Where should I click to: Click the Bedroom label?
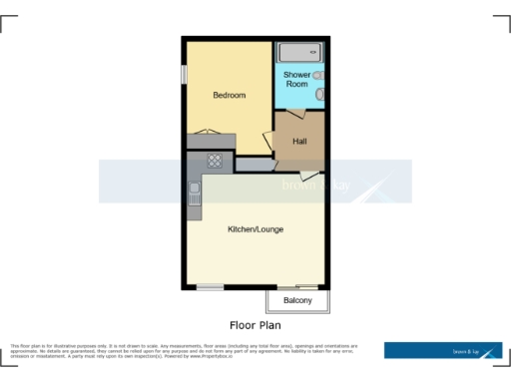(x=229, y=96)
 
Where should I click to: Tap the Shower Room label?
(x=296, y=80)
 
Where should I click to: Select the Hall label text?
(x=299, y=141)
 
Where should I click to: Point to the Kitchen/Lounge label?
(x=255, y=229)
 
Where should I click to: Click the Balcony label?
(x=297, y=300)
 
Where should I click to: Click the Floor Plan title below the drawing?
(x=255, y=325)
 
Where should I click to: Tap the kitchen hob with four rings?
(x=214, y=161)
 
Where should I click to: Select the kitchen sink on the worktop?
(x=194, y=192)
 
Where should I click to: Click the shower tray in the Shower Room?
(x=300, y=52)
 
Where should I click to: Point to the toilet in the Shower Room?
(x=320, y=95)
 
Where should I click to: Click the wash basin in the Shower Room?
(x=317, y=75)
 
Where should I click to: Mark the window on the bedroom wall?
(x=184, y=74)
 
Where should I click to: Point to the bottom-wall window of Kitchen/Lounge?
(x=210, y=287)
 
